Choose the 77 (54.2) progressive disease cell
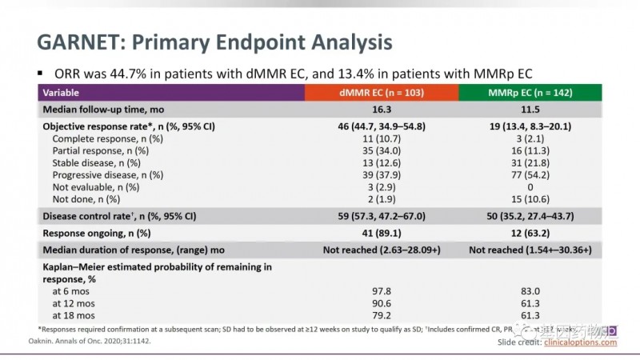point(529,174)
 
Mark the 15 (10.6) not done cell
point(529,198)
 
